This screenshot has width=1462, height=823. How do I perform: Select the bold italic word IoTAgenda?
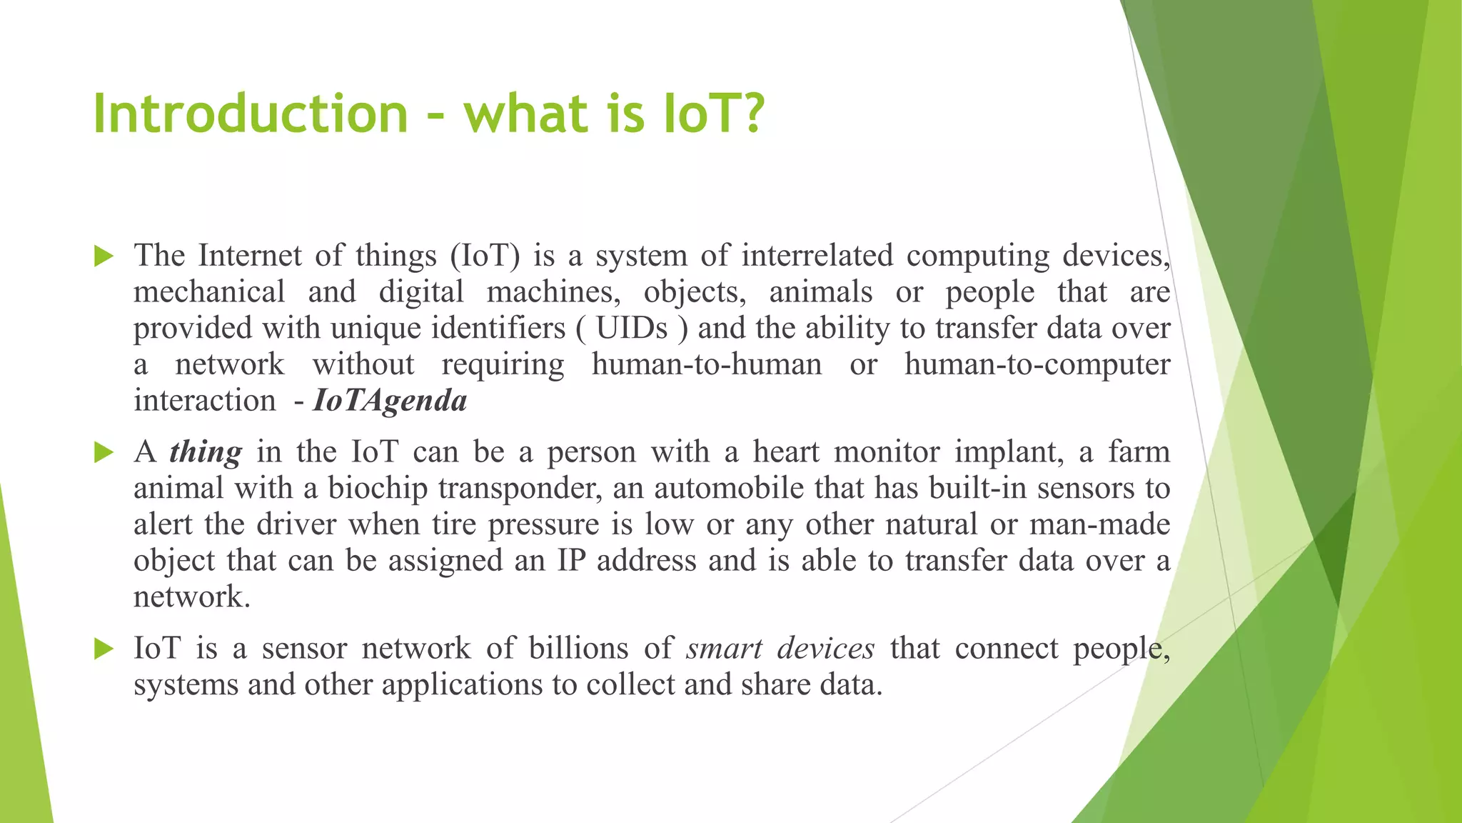click(390, 401)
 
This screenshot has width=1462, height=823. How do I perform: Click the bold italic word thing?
click(206, 452)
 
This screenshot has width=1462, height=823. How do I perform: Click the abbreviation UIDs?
click(632, 329)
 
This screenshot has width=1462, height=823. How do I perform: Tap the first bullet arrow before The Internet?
click(104, 256)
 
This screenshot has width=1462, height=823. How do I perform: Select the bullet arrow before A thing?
click(104, 452)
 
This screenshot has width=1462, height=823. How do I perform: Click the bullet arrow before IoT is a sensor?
click(104, 649)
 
